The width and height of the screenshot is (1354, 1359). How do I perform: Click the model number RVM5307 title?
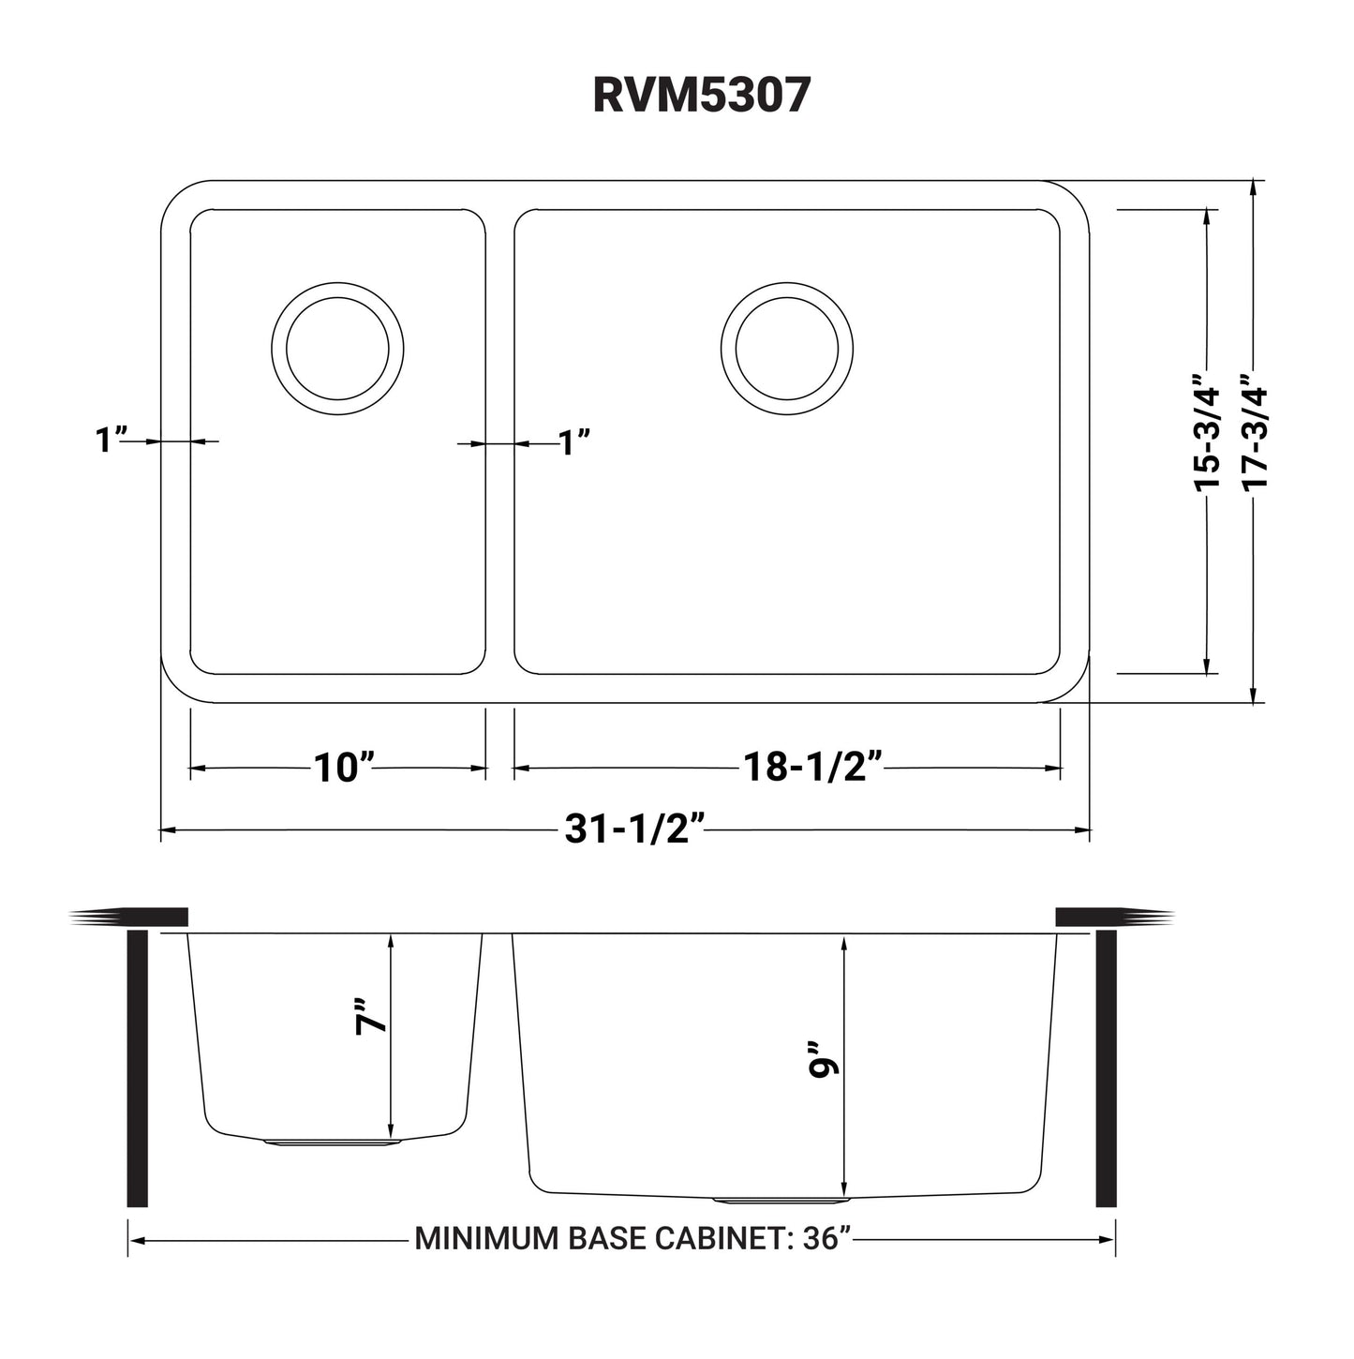701,96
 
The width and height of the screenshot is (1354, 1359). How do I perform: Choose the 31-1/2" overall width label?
634,829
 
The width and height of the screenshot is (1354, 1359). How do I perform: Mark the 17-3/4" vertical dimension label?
1254,431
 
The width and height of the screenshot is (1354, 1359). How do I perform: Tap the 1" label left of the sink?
111,440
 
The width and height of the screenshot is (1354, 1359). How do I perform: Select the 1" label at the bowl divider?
573,441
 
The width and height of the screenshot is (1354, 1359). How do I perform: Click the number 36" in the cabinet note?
826,1239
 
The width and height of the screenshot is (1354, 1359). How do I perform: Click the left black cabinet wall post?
137,1068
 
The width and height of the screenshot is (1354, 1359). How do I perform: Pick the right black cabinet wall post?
1106,1068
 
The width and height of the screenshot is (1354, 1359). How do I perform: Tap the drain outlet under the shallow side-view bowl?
334,1142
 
